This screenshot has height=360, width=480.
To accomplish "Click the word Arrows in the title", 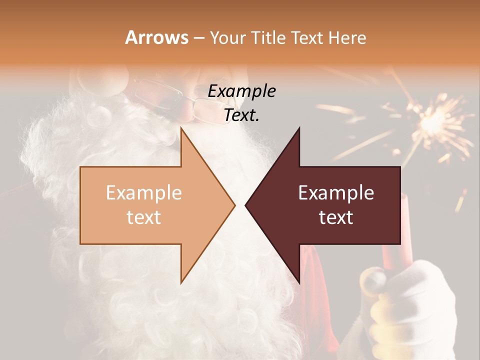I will (156, 37).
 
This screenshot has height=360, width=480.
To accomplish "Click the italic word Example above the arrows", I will (242, 91).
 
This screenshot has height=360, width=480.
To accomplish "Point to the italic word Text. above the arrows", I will (242, 115).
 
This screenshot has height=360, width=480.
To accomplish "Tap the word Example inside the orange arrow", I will (144, 193).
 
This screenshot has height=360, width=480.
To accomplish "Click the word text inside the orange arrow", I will (144, 217).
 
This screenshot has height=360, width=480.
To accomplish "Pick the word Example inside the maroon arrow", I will (336, 193).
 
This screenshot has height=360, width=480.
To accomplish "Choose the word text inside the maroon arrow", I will (336, 217).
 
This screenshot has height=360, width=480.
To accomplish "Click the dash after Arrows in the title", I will (198, 38).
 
